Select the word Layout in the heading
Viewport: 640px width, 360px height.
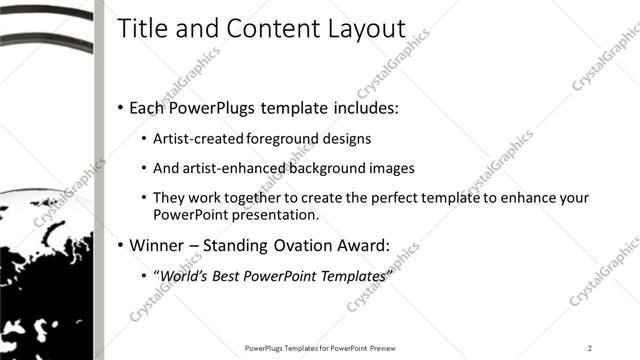[x=367, y=30]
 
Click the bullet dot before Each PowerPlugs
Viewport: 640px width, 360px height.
[x=121, y=107]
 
